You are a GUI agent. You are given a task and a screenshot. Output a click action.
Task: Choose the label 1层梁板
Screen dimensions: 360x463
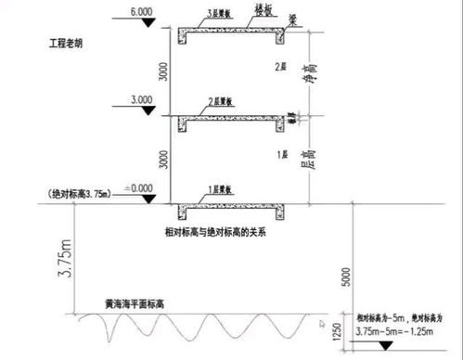coord(218,189)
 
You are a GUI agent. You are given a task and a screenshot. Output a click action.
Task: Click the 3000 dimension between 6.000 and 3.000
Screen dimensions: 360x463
coord(164,72)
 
